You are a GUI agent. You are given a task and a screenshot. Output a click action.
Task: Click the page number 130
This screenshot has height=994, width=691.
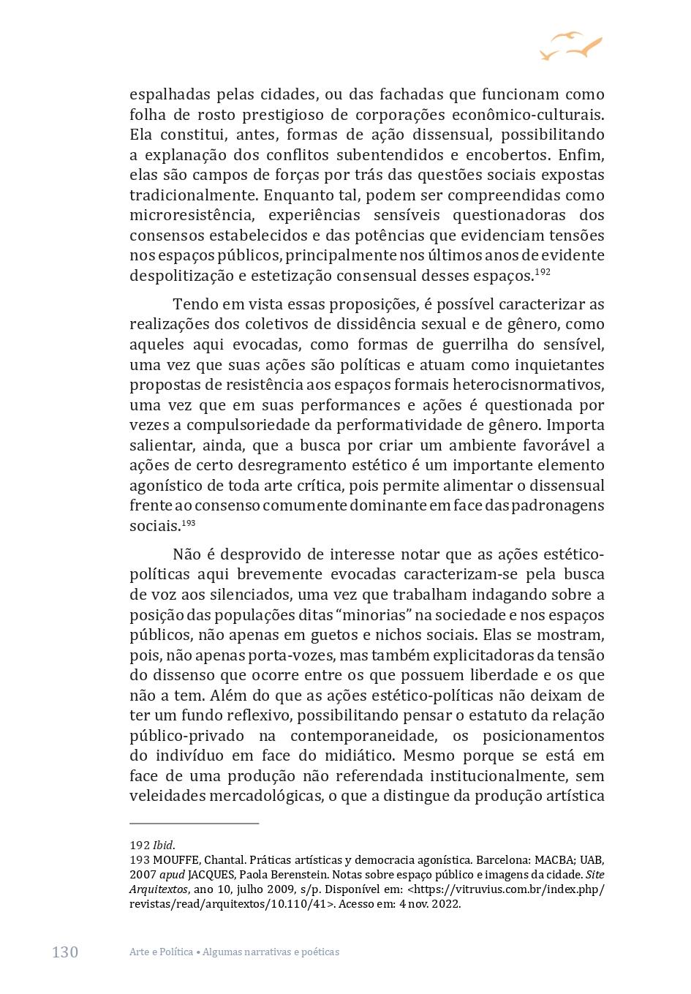point(65,952)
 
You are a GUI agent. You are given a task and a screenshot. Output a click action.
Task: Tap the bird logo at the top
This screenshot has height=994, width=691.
point(571,46)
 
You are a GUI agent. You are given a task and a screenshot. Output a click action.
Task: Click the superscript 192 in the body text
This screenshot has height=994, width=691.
point(543,272)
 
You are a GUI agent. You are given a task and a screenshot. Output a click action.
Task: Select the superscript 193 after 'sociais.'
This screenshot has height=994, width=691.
point(189,523)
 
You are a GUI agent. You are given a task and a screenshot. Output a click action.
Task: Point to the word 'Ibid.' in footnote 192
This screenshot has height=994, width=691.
point(164,846)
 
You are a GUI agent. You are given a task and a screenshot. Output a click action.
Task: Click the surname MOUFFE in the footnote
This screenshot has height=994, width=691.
point(175,860)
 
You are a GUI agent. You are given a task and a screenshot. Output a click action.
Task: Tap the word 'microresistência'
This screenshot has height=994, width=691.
point(189,215)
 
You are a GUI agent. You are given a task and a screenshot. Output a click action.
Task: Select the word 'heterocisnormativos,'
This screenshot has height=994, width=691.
point(529,385)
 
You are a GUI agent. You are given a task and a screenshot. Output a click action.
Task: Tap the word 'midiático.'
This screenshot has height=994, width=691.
point(360,756)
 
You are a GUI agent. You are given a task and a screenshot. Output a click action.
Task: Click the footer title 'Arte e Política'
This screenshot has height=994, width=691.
point(161,952)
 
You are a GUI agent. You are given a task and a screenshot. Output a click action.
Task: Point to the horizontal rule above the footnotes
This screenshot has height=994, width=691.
point(195,824)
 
